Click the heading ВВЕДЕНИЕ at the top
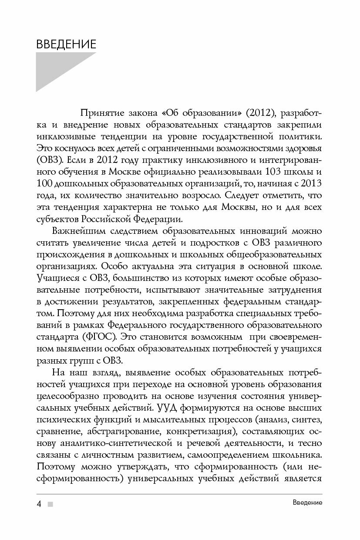pyautogui.click(x=66, y=44)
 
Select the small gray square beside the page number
pyautogui.click(x=50, y=504)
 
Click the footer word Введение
pyautogui.click(x=307, y=503)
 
